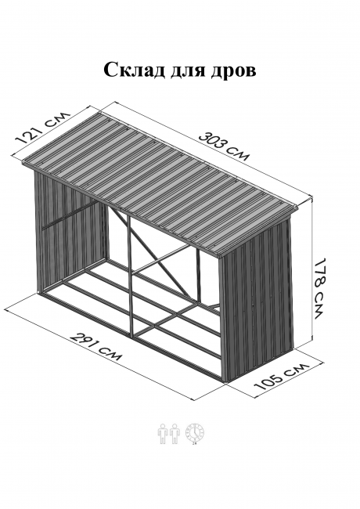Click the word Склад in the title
point(134,69)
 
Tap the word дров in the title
point(233,70)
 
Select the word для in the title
point(188,70)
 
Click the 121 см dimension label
point(43,127)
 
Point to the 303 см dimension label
point(224,146)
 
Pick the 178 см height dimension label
point(319,288)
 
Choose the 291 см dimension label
point(96,346)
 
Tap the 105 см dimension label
point(282,377)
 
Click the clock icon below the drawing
point(195,434)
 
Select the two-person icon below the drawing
point(169,434)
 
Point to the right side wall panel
point(257,300)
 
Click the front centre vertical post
point(130,276)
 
